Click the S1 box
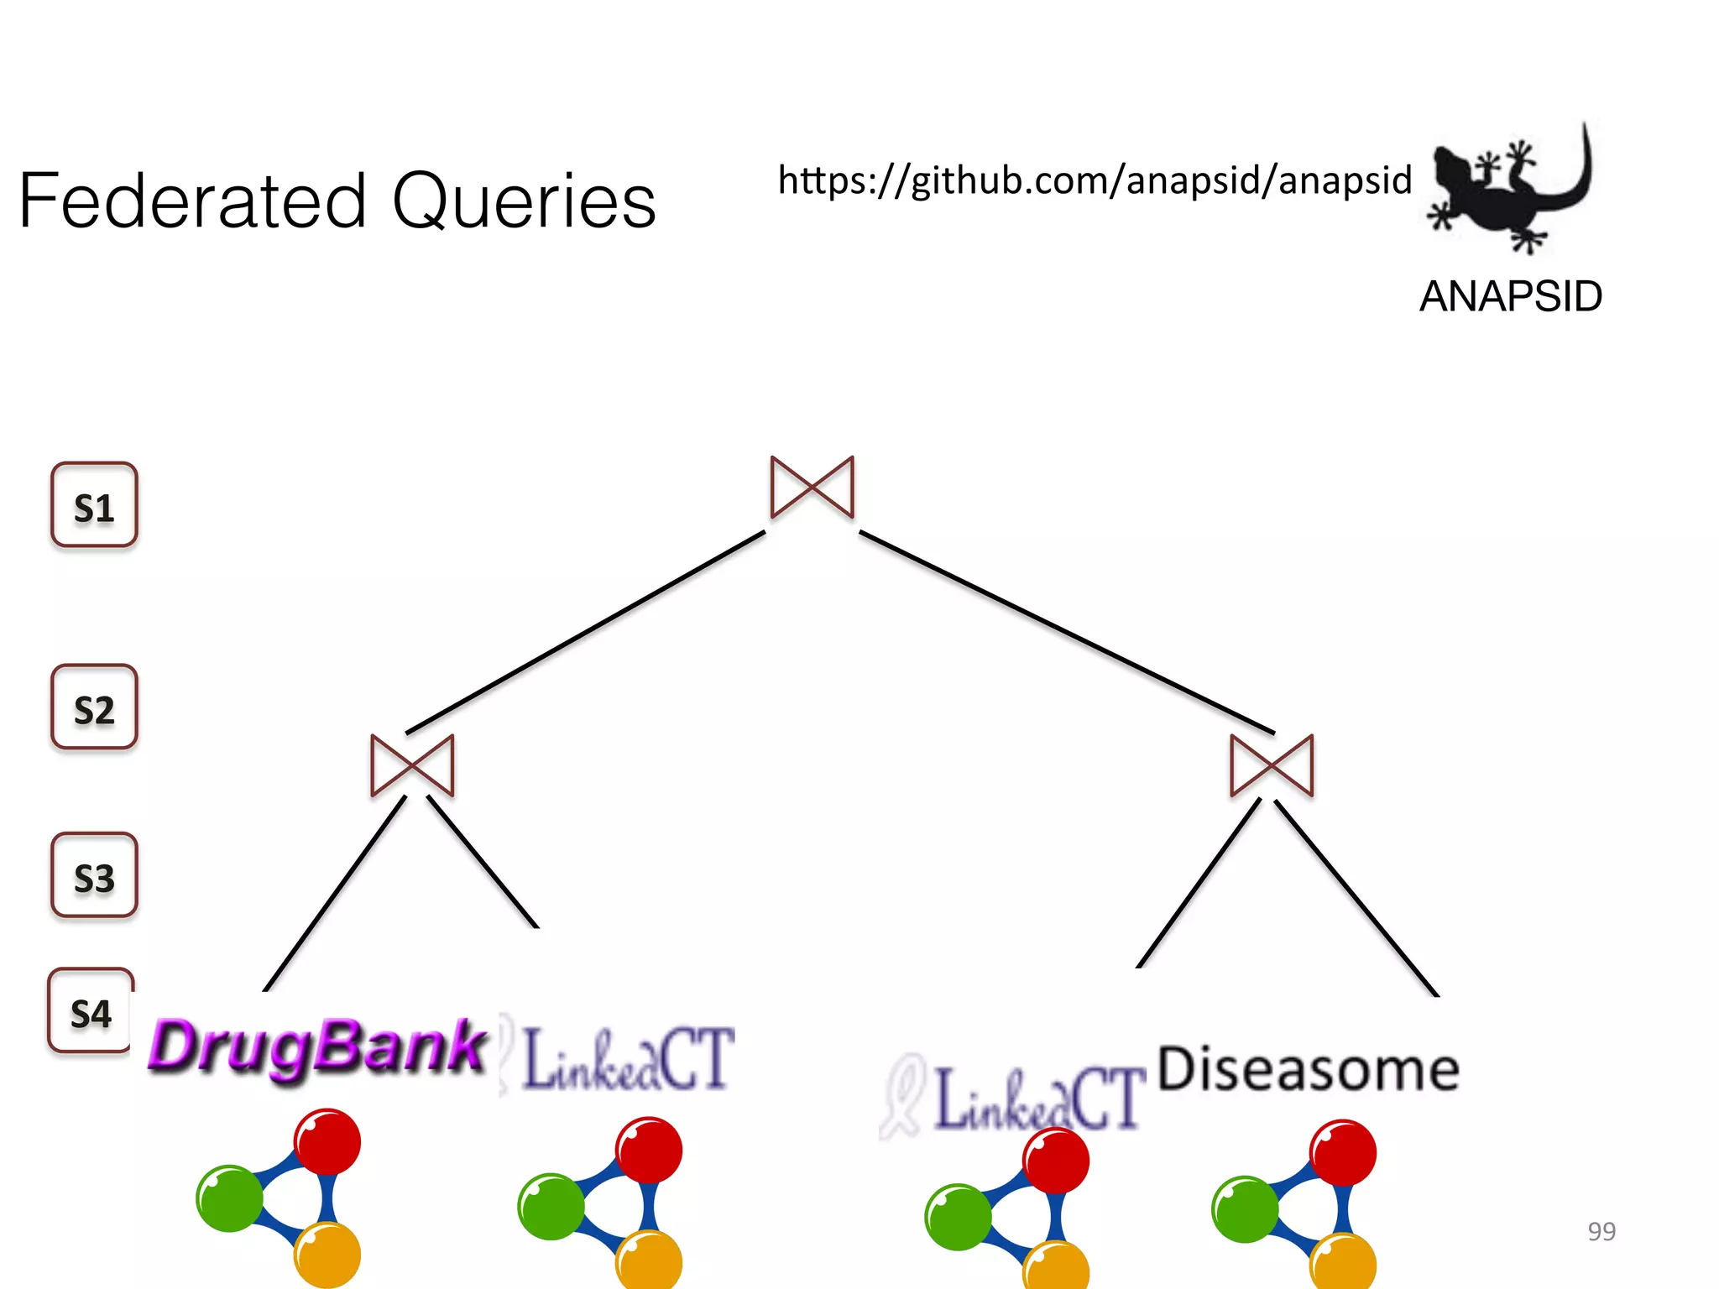click(94, 505)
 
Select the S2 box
click(94, 707)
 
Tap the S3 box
click(94, 875)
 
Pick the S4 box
click(91, 1011)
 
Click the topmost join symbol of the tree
click(812, 488)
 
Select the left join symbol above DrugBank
click(412, 765)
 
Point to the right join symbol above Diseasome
click(1271, 765)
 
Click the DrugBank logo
click(317, 1047)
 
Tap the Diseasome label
click(1308, 1070)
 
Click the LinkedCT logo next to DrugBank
click(625, 1059)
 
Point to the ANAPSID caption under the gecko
click(1510, 297)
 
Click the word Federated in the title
click(193, 201)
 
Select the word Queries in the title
click(524, 201)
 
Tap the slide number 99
click(1601, 1231)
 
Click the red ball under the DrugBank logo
click(327, 1141)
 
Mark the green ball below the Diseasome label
click(1245, 1209)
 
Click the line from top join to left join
click(585, 632)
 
